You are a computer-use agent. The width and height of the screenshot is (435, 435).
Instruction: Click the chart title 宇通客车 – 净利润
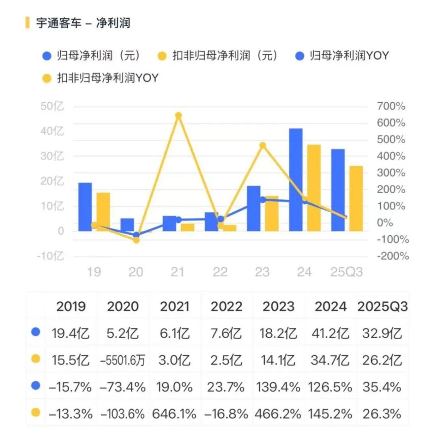pyautogui.click(x=83, y=23)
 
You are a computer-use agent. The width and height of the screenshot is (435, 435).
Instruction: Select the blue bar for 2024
pyautogui.click(x=296, y=180)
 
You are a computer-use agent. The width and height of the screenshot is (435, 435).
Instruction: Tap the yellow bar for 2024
pyautogui.click(x=314, y=188)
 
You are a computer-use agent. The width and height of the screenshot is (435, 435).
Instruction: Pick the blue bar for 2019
pyautogui.click(x=85, y=207)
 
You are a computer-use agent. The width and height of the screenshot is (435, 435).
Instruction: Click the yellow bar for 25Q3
pyautogui.click(x=356, y=198)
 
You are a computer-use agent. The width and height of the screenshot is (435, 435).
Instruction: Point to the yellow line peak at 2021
pyautogui.click(x=178, y=116)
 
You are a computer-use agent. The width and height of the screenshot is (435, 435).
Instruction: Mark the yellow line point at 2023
pyautogui.click(x=263, y=145)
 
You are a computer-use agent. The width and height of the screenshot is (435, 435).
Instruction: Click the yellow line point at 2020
pyautogui.click(x=136, y=240)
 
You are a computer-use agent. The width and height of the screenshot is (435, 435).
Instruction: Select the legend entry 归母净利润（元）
pyautogui.click(x=93, y=56)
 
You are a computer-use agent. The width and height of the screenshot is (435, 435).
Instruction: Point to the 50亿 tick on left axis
pyautogui.click(x=52, y=107)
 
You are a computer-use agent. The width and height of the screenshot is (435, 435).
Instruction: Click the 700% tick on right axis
pyautogui.click(x=391, y=107)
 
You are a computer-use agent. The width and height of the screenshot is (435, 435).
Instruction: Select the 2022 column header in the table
pyautogui.click(x=226, y=307)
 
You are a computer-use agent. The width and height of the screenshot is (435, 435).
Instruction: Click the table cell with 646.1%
pyautogui.click(x=174, y=414)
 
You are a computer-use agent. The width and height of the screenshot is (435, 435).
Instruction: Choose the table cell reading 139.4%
pyautogui.click(x=278, y=387)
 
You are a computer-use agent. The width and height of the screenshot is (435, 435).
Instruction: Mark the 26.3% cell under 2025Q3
pyautogui.click(x=382, y=414)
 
